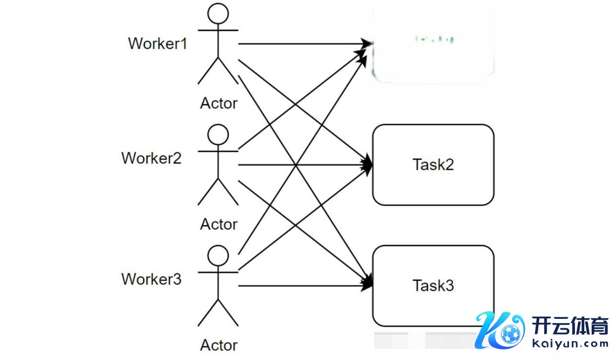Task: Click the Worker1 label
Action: (x=158, y=43)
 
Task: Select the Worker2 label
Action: (x=151, y=158)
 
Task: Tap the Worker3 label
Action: (x=151, y=279)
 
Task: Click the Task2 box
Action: (x=433, y=165)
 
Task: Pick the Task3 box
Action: (x=433, y=286)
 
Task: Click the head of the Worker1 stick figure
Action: (x=218, y=13)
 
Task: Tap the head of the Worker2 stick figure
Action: (x=218, y=134)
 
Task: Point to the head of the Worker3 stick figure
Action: (x=218, y=256)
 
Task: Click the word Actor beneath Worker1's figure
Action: (x=219, y=103)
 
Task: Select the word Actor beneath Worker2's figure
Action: (x=219, y=224)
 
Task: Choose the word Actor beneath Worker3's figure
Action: (x=219, y=345)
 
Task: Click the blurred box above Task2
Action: (x=433, y=44)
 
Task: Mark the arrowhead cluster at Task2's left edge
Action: (x=367, y=165)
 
